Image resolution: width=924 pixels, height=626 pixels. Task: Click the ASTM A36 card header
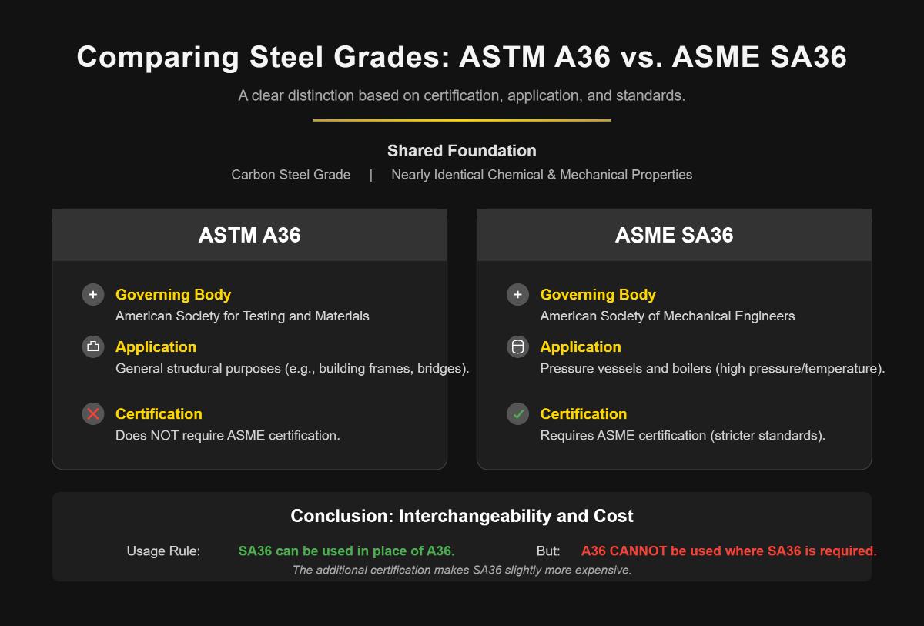click(249, 235)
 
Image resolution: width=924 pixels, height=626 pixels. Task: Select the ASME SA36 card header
click(674, 235)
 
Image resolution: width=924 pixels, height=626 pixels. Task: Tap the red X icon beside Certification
click(93, 413)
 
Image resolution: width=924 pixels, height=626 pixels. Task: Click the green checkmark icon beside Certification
click(518, 413)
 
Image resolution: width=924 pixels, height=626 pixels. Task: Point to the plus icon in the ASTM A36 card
click(93, 294)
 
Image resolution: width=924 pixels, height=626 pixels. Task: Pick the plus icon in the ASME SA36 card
click(518, 294)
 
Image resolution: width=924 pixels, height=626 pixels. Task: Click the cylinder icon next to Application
click(518, 346)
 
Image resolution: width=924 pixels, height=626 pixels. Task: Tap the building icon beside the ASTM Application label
click(93, 346)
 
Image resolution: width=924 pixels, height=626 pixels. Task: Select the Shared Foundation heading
click(461, 151)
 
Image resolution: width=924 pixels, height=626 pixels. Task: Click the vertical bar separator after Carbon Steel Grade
click(370, 175)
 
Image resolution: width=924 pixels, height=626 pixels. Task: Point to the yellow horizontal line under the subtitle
click(461, 120)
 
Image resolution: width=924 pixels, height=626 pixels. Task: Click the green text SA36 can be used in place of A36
click(346, 551)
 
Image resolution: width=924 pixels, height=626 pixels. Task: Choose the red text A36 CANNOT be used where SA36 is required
click(728, 551)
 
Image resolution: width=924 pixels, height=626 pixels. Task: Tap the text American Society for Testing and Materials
click(242, 316)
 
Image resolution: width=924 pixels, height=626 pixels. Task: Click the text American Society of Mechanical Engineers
click(667, 316)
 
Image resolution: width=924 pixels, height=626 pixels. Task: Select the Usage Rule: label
click(163, 551)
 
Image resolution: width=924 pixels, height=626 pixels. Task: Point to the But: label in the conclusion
click(548, 551)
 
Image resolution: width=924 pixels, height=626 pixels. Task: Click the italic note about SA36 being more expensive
click(461, 570)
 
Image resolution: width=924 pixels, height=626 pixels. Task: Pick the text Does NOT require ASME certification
click(227, 435)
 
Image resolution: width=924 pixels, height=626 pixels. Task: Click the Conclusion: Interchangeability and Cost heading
click(461, 516)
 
